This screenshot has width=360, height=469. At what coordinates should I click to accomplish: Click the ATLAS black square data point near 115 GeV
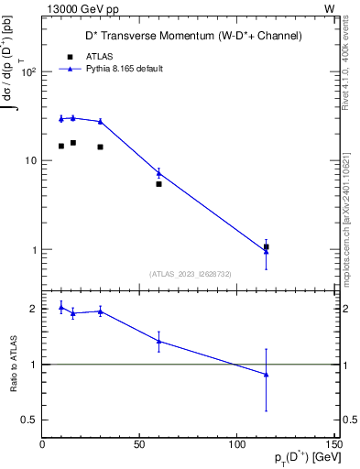[266, 246]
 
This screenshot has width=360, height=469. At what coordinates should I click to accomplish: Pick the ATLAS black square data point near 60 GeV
[158, 184]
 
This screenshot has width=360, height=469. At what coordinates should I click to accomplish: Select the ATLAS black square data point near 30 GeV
[100, 147]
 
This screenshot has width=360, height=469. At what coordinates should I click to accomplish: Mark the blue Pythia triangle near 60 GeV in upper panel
[158, 172]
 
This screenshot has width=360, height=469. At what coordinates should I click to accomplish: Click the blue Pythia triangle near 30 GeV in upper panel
[100, 121]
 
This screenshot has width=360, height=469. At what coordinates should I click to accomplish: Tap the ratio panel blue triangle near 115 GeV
[266, 374]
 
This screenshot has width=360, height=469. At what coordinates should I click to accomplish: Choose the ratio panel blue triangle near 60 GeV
[158, 341]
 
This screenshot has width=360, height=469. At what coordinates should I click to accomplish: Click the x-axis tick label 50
[139, 444]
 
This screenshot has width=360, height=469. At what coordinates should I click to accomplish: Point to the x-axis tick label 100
[236, 444]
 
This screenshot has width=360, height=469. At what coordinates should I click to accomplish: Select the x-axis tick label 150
[333, 444]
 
